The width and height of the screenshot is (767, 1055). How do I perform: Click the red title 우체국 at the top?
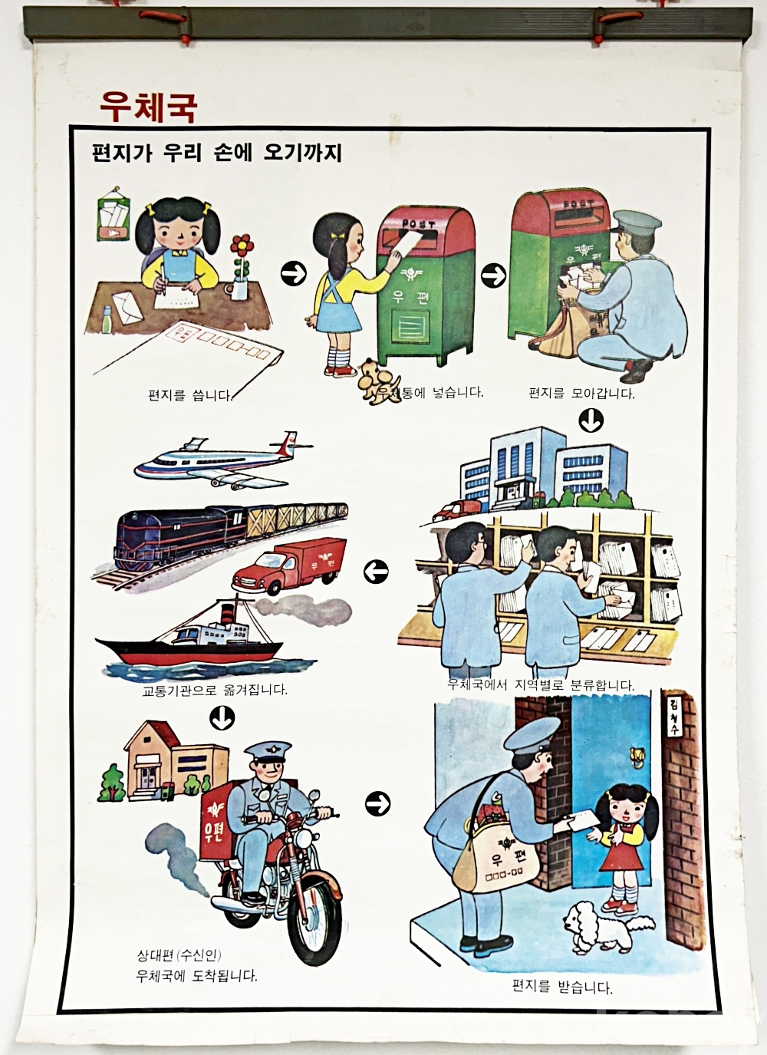(148, 107)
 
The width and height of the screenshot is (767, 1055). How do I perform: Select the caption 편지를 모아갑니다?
(581, 393)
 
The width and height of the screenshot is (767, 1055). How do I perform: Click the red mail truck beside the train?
(290, 565)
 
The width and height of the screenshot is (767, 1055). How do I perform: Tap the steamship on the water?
(189, 640)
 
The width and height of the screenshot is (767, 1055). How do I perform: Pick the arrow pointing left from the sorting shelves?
(376, 572)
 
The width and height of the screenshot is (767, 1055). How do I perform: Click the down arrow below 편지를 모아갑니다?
(591, 420)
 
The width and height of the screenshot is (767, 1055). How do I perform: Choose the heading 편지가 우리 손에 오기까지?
(216, 153)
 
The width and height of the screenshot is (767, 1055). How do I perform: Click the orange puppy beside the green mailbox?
(378, 381)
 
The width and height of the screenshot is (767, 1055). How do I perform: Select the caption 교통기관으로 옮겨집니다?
(214, 691)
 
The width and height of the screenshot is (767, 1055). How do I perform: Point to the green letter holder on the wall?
(114, 221)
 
